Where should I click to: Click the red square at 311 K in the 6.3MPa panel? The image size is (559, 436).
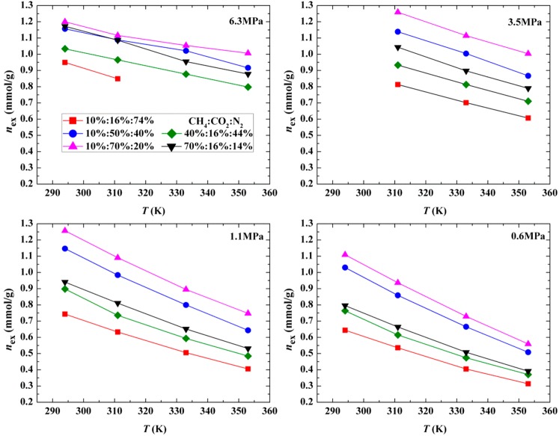(x=117, y=79)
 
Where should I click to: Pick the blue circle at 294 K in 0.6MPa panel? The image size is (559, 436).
(x=346, y=267)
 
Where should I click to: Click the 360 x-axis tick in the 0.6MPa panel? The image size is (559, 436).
(x=549, y=410)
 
